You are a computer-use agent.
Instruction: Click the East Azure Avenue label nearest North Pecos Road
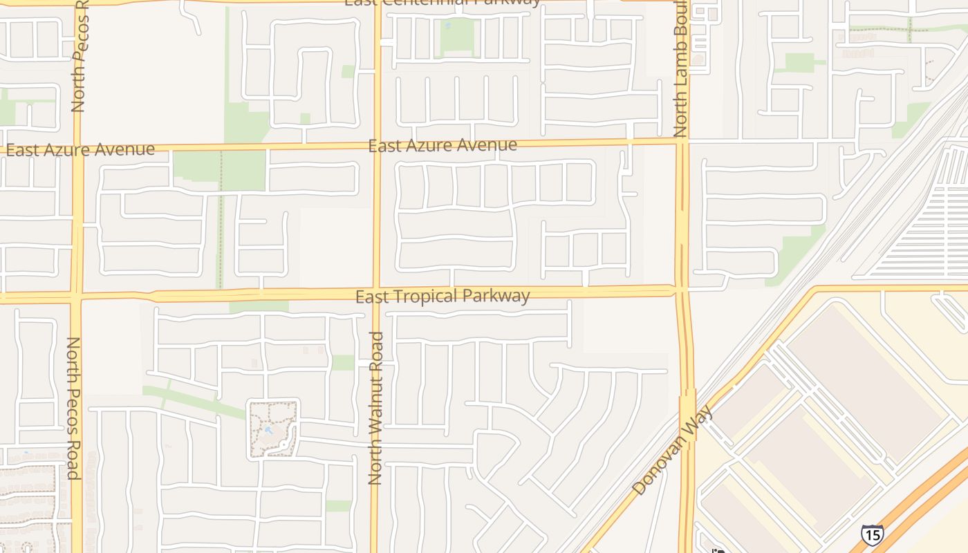[x=80, y=149]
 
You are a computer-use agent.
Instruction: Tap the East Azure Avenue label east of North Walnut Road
[x=443, y=145]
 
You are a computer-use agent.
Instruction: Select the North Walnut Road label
[x=376, y=408]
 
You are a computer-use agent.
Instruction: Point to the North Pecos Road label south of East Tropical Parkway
[x=73, y=408]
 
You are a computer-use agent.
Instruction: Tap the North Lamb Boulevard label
[x=681, y=69]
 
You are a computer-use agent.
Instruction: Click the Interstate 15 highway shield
[x=872, y=534]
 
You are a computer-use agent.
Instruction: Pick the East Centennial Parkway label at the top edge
[x=443, y=3]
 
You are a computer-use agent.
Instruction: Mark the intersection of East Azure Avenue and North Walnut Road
[x=378, y=146]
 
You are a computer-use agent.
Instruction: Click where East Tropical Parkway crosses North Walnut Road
[x=376, y=294]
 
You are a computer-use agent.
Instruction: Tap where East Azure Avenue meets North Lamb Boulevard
[x=681, y=142]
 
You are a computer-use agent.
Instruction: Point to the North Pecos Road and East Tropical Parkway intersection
[x=76, y=297]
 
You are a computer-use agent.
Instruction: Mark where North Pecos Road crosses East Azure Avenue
[x=77, y=149]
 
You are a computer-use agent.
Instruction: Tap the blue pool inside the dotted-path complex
[x=268, y=431]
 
